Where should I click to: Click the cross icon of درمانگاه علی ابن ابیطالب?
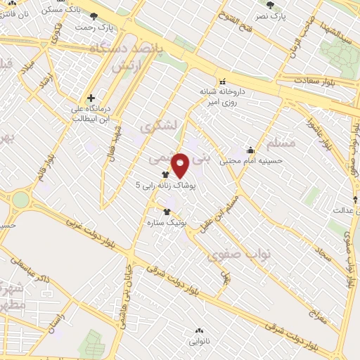coord(90,98)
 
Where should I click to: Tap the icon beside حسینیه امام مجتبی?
coord(251,150)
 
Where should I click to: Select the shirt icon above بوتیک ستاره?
coord(167,211)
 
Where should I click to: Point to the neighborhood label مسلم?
coord(281,143)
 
